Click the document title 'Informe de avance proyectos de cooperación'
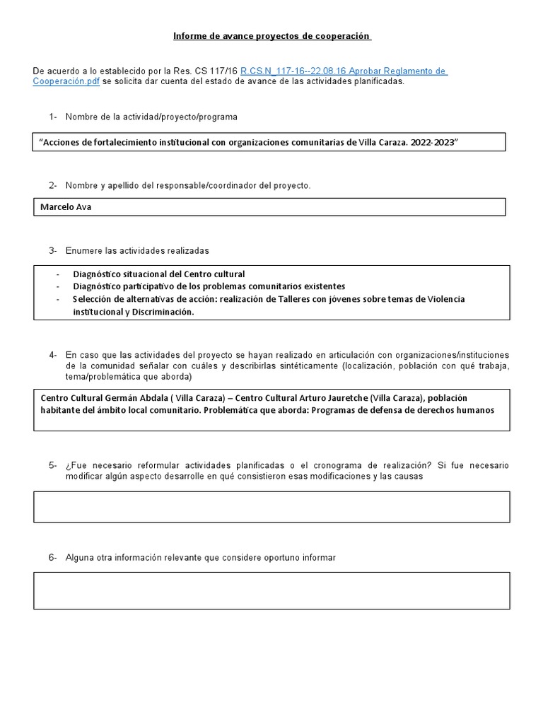click(272, 36)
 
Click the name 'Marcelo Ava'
click(66, 207)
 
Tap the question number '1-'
click(54, 117)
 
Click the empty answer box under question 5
click(271, 506)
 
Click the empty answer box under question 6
click(271, 590)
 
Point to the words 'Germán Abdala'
click(131, 398)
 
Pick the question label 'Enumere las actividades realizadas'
click(137, 251)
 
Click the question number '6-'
click(54, 558)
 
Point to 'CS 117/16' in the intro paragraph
click(218, 71)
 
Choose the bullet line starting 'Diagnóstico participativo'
click(209, 286)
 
